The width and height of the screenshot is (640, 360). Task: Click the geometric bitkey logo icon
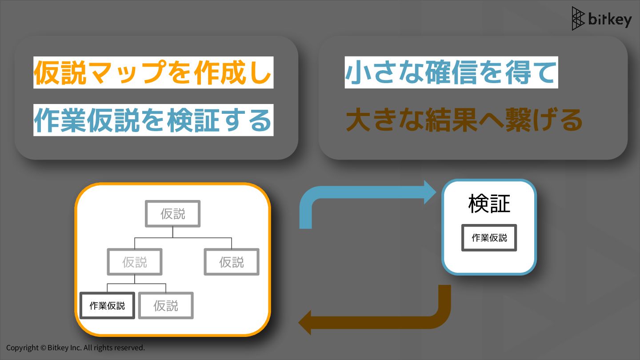(578, 19)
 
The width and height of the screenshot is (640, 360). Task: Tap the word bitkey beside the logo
(609, 20)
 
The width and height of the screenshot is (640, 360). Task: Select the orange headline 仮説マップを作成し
(153, 72)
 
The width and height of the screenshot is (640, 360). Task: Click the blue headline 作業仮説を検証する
(153, 120)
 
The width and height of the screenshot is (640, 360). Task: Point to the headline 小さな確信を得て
(451, 72)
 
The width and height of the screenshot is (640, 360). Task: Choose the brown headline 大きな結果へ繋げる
(464, 120)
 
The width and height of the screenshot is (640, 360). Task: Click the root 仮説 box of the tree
(173, 214)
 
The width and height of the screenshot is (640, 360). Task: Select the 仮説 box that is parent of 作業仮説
(135, 262)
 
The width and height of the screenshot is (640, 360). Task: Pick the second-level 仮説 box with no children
(232, 262)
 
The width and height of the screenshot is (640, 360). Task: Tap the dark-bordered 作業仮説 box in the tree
(107, 305)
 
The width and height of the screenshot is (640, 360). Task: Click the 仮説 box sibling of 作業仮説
(166, 305)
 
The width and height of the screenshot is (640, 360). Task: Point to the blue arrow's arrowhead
(431, 192)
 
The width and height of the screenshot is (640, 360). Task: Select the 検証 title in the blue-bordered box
(489, 204)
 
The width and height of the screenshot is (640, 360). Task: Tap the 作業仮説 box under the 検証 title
(489, 238)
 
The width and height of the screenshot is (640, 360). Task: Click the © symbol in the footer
(43, 348)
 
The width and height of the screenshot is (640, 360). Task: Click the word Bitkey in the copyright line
(58, 348)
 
